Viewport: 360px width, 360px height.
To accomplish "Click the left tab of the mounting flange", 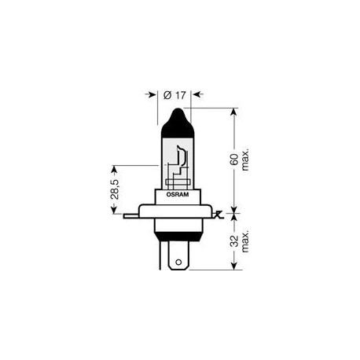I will point(132,213).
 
